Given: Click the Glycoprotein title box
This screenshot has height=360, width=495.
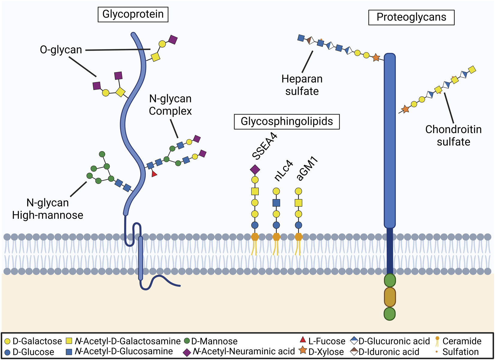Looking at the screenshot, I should pos(133,14).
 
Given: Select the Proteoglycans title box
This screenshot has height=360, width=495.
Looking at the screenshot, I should pos(411,17).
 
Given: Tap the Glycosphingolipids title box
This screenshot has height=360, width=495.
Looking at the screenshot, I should pos(287,121).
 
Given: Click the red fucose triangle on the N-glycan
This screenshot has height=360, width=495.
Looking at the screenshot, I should pos(154,174).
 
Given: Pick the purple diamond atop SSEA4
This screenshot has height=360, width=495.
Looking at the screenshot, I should pos(255,170).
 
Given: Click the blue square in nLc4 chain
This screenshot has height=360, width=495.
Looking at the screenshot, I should pos(276,203).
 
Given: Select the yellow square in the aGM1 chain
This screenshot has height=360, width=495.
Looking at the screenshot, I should pos(298,203).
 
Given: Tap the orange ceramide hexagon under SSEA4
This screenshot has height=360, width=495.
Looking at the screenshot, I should pos(255,237).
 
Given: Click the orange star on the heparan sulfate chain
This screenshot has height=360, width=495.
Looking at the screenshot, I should pos(376,58).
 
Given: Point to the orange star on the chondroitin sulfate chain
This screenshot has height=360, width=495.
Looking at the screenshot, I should pos(405,109).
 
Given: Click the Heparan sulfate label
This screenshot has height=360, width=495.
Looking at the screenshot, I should pos(302,85).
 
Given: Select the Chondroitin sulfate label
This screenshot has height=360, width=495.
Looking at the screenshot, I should pos(453,135).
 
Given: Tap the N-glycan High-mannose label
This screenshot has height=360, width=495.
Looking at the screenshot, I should pos(48,209).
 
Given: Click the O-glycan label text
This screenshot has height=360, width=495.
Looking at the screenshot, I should pos(61,50).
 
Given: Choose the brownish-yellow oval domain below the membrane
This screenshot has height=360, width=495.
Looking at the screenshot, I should pos(390,297).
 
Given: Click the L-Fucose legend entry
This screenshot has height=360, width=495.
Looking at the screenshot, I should pos(323,341).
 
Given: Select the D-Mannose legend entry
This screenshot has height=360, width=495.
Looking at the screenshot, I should pos(211,341).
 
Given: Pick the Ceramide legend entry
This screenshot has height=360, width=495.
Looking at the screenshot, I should pos(458,341).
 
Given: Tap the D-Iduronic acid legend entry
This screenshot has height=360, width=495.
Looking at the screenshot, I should pos(385,352).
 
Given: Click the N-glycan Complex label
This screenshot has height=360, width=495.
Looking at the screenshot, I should pos(170,105).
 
